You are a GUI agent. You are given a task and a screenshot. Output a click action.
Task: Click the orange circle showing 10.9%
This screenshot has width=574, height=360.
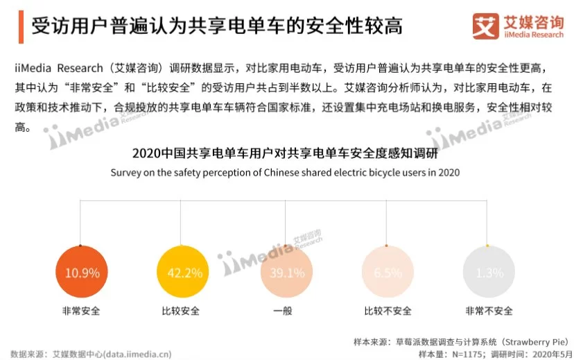82,273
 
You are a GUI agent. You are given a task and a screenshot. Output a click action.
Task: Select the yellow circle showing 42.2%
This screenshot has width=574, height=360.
181,273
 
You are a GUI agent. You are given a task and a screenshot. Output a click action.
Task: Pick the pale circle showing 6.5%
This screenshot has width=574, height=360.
388,273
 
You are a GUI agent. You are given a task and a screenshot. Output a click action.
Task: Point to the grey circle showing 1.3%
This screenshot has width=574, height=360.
489,273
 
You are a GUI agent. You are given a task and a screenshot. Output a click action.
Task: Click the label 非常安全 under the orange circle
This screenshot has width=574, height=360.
82,311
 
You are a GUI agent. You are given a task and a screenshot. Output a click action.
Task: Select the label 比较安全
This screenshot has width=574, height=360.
181,311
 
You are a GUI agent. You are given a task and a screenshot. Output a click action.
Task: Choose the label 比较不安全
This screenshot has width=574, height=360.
388,311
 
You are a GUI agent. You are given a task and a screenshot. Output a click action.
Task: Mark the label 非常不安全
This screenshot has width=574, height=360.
489,311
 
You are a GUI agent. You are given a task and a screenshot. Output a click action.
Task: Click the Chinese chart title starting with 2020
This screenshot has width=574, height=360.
285,153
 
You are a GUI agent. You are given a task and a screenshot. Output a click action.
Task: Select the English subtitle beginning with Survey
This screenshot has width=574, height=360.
285,172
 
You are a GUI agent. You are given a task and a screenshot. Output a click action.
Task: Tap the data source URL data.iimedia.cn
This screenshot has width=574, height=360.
137,354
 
